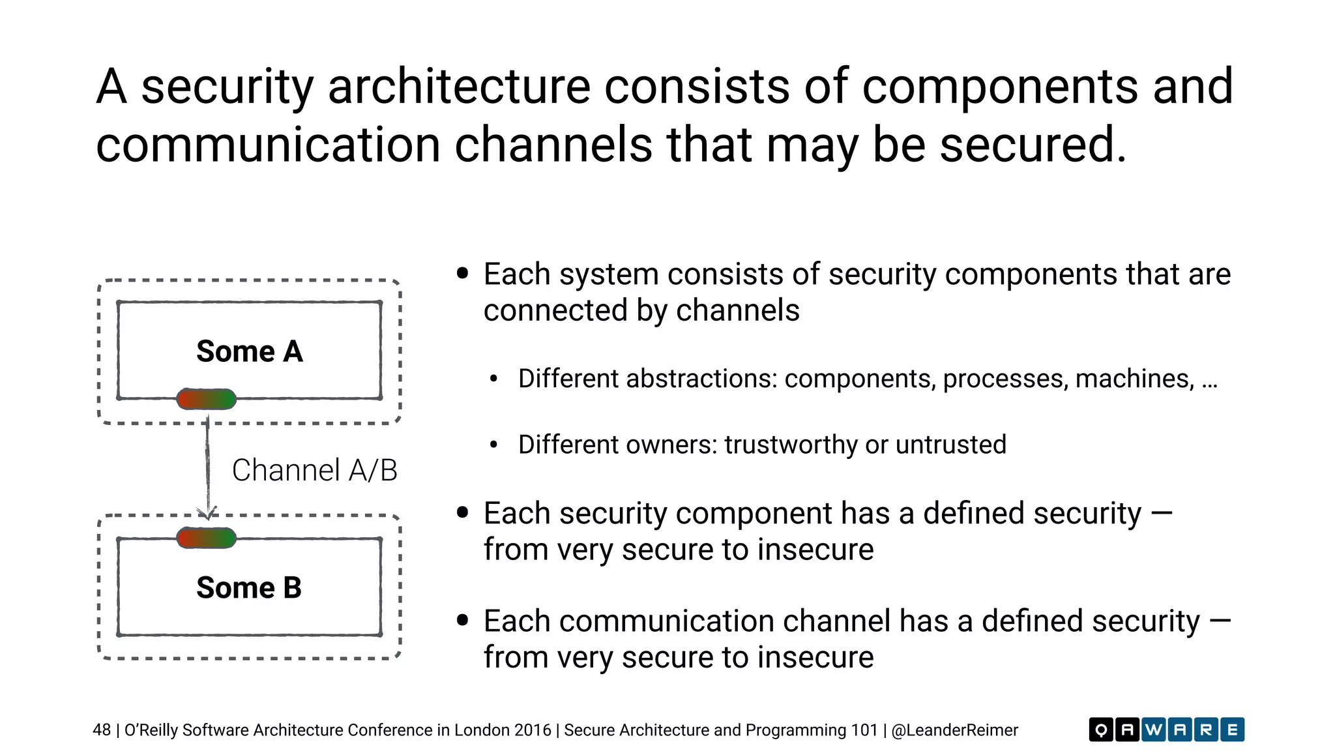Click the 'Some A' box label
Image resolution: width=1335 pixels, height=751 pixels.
pos(250,351)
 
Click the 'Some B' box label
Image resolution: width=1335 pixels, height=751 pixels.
pos(249,587)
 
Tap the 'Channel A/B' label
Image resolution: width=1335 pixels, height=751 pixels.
pos(314,470)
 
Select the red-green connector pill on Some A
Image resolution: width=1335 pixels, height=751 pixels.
pos(206,399)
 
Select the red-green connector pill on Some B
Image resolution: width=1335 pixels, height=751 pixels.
pos(206,538)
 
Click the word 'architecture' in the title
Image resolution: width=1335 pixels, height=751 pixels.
pos(459,86)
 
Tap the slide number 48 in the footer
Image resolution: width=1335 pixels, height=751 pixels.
pos(102,730)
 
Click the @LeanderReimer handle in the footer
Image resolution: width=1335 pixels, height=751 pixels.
pos(954,730)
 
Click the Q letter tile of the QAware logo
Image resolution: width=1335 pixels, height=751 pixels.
pos(1101,729)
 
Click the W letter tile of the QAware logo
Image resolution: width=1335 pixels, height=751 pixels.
pos(1153,729)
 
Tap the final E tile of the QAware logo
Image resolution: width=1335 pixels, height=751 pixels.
pos(1232,729)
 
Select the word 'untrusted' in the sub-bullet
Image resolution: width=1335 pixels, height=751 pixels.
pos(951,445)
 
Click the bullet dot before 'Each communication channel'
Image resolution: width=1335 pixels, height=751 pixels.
pos(463,620)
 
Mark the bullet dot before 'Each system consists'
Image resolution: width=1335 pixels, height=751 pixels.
pos(463,273)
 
